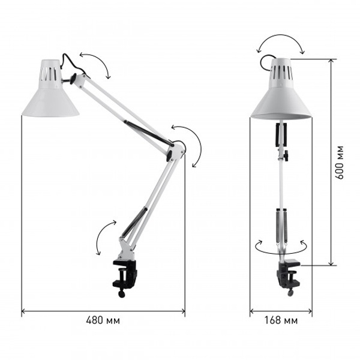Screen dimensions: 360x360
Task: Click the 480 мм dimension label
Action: click(103, 320)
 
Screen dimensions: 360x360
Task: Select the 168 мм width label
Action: click(281, 320)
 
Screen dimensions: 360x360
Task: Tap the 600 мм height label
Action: click(339, 162)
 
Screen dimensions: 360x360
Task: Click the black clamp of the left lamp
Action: click(125, 275)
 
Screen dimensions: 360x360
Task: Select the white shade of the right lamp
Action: click(281, 89)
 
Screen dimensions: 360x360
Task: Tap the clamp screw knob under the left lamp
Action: click(121, 294)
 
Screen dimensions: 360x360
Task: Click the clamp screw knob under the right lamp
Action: click(290, 293)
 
